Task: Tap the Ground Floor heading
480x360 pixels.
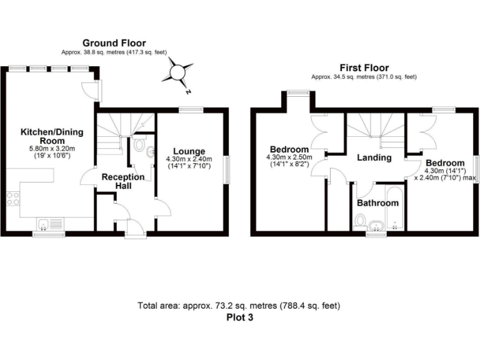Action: click(x=114, y=43)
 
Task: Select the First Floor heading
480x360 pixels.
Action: click(x=364, y=67)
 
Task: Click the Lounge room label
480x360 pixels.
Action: click(x=189, y=151)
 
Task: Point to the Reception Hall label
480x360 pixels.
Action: click(x=122, y=181)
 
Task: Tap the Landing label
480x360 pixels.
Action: click(x=374, y=157)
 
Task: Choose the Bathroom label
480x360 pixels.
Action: click(x=377, y=203)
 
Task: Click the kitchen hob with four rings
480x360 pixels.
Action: click(x=12, y=199)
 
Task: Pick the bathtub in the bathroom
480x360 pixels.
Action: click(x=395, y=209)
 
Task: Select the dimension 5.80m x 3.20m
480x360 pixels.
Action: click(x=52, y=149)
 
